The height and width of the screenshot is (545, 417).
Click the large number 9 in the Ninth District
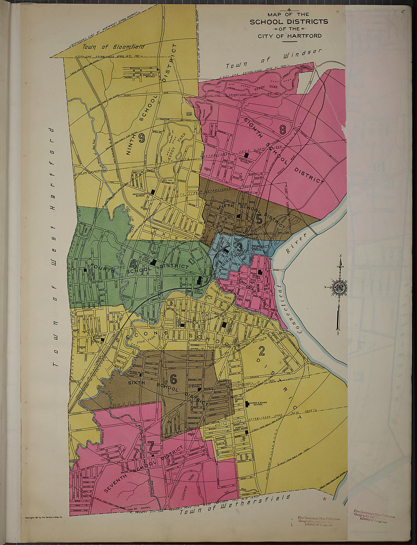(x=142, y=139)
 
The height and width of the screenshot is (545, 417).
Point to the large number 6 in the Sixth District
(x=174, y=379)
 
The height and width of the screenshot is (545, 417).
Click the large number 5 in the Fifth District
(x=259, y=219)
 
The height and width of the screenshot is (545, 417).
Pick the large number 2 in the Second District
(x=262, y=353)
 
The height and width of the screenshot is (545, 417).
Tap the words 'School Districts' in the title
(x=289, y=22)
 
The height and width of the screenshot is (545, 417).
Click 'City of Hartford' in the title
(x=290, y=36)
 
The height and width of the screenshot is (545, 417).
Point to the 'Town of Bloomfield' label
(x=113, y=47)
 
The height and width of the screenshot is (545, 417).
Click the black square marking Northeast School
(x=246, y=155)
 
